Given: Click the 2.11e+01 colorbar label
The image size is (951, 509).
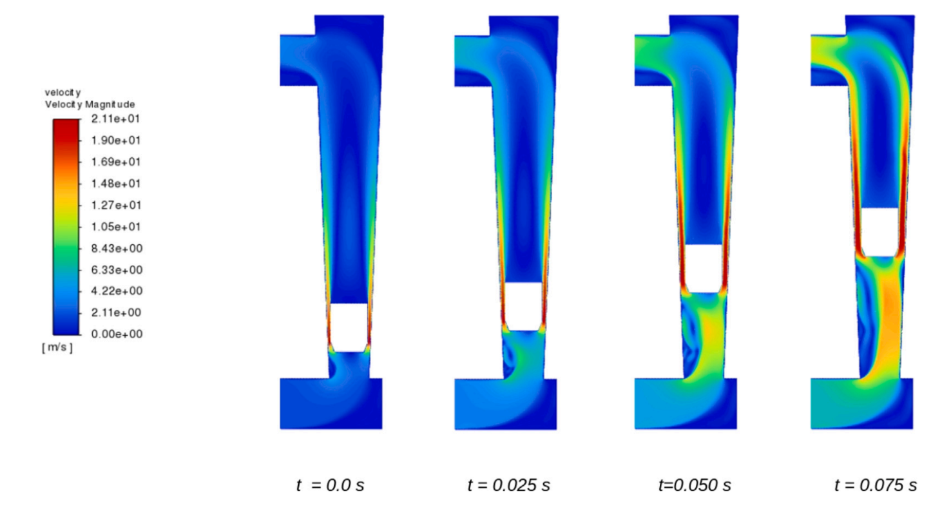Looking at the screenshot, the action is pyautogui.click(x=115, y=119).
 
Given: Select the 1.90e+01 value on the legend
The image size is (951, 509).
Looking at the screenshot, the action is pyautogui.click(x=115, y=140).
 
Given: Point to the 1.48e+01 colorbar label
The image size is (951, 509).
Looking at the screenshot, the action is pyautogui.click(x=115, y=184).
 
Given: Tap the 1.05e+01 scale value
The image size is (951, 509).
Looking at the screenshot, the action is pyautogui.click(x=115, y=227).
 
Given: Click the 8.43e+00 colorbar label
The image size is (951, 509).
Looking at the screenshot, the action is pyautogui.click(x=117, y=248).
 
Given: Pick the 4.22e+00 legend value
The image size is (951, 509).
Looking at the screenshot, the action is pyautogui.click(x=117, y=291).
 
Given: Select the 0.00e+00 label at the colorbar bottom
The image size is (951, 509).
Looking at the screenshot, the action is pyautogui.click(x=117, y=334).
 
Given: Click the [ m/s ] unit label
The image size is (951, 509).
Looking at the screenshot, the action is pyautogui.click(x=57, y=348).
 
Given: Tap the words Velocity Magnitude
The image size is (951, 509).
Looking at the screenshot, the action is pyautogui.click(x=90, y=104).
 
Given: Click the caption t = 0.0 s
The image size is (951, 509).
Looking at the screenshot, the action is pyautogui.click(x=331, y=485).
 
